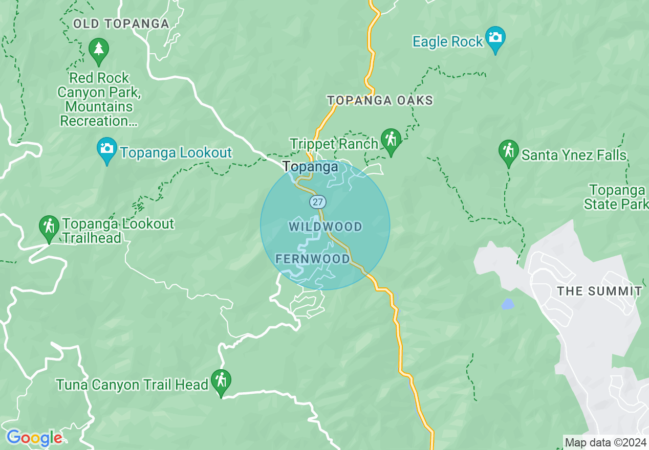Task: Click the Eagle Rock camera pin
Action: click(495, 38)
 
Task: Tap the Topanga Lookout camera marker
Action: click(106, 149)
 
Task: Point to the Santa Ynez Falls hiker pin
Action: click(508, 152)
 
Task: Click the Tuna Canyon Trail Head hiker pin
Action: click(221, 381)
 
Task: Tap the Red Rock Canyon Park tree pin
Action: click(98, 50)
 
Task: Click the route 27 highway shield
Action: click(317, 201)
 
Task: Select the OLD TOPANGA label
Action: click(121, 24)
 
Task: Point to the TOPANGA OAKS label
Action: click(380, 100)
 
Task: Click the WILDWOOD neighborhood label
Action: click(326, 227)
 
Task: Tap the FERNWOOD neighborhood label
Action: click(313, 259)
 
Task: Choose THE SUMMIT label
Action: click(599, 291)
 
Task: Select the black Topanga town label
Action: click(310, 167)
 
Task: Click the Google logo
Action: click(34, 438)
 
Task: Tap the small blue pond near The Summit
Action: click(507, 304)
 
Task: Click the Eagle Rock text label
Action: click(448, 42)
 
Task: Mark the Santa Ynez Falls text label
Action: click(574, 155)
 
